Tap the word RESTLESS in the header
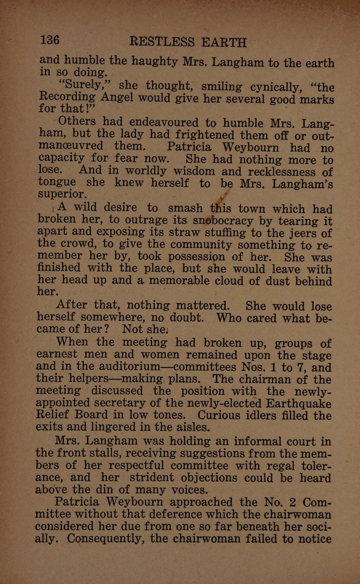(x=162, y=42)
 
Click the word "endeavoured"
(x=164, y=122)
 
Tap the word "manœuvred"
(x=71, y=145)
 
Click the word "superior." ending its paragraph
(x=63, y=194)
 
